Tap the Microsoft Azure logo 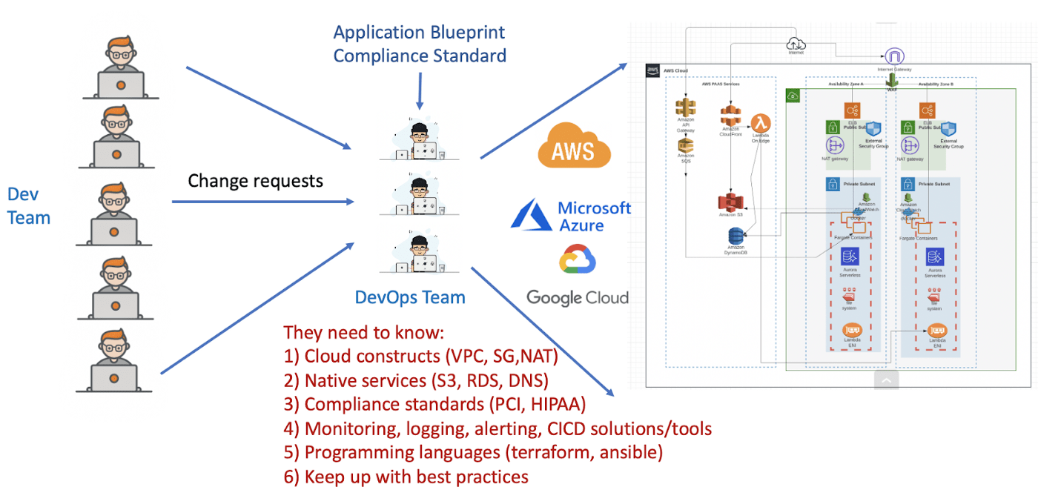pos(571,216)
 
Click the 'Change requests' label pos(255,181)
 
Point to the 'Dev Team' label pos(29,206)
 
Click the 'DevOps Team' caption pos(410,298)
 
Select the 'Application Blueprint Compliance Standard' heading pos(420,44)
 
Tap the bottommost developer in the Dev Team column pos(115,361)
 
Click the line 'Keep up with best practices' pos(416,476)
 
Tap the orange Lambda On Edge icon pos(760,123)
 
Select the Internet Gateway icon pos(894,57)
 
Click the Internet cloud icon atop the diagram pos(796,44)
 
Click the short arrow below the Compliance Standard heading pos(420,93)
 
